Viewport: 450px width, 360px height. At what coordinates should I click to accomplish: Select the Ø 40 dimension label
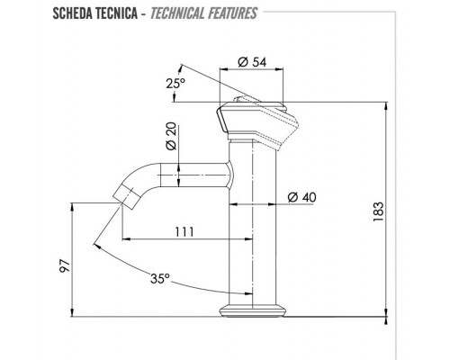(x=302, y=197)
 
